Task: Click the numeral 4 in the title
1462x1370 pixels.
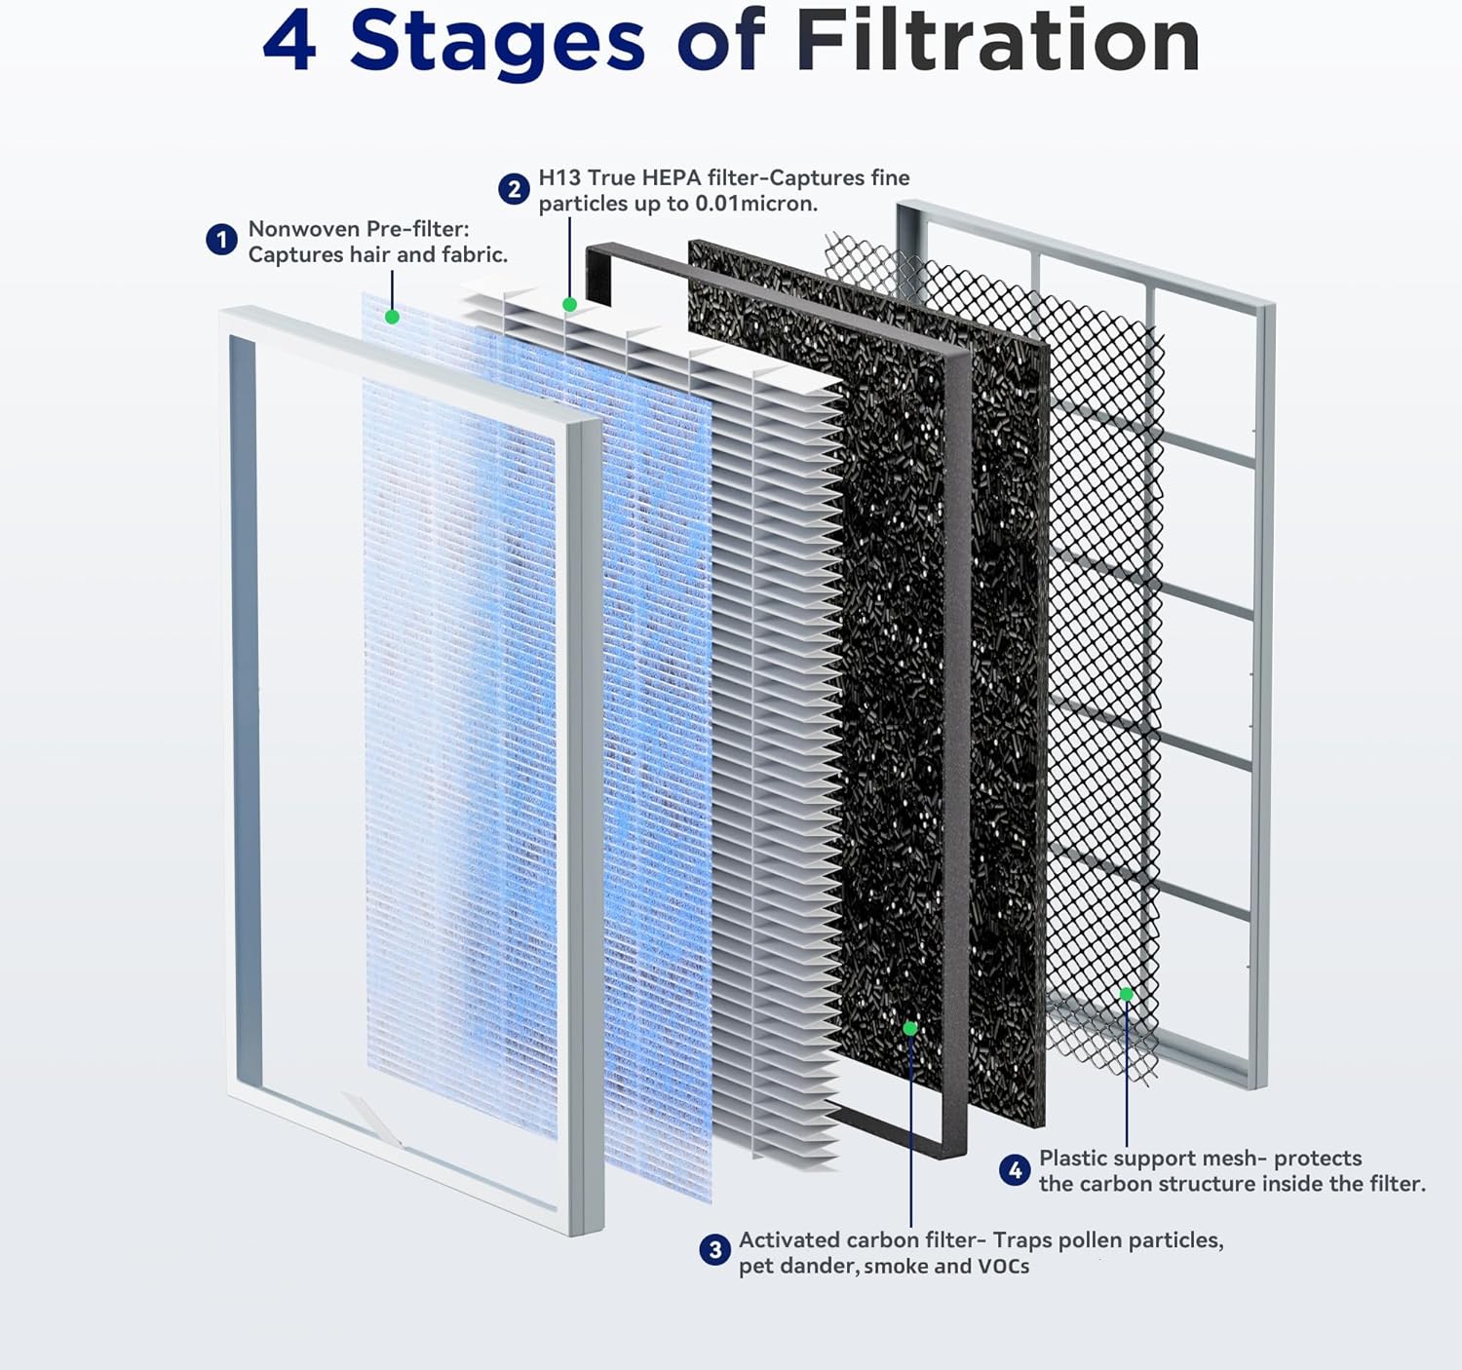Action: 289,42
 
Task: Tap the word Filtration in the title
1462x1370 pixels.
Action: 997,42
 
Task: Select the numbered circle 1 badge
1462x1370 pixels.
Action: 221,240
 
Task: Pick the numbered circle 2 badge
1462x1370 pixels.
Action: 514,189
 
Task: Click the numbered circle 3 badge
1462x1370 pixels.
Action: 714,1250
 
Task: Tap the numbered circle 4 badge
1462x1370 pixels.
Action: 1015,1169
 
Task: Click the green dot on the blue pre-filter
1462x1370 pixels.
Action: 392,317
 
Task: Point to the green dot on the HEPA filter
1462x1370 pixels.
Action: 569,305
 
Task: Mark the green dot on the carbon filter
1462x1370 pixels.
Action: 909,1028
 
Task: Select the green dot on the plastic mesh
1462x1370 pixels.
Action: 1126,994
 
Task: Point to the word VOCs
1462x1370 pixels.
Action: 1003,1266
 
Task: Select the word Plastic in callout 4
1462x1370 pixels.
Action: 1072,1158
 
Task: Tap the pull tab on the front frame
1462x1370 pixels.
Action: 370,1118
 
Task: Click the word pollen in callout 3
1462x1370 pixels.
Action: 1089,1240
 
